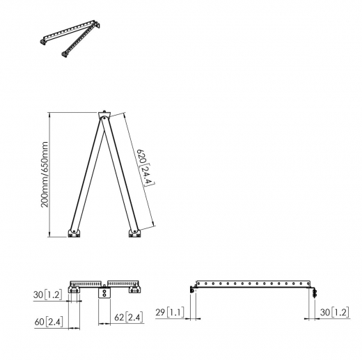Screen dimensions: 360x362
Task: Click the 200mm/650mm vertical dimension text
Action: [x=45, y=173]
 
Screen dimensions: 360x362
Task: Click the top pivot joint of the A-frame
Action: [x=104, y=116]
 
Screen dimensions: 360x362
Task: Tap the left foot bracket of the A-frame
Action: [x=74, y=232]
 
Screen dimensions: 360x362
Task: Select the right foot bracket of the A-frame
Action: [x=134, y=232]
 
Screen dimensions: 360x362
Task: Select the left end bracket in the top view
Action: [x=74, y=290]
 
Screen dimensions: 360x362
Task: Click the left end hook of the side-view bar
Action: [x=192, y=289]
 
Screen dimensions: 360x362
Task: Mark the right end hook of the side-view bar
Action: [x=315, y=290]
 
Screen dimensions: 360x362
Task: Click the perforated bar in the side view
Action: [x=254, y=284]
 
